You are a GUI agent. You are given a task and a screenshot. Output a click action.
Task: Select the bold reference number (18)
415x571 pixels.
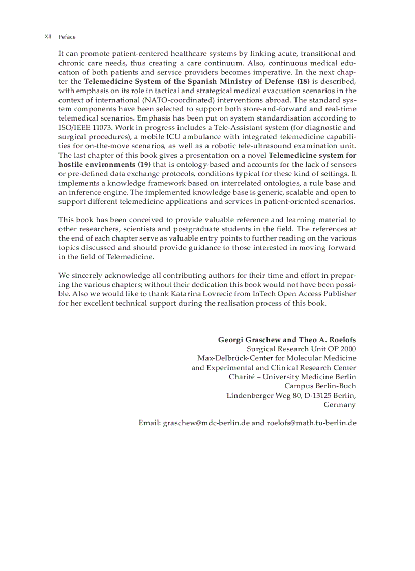pyautogui.click(x=304, y=81)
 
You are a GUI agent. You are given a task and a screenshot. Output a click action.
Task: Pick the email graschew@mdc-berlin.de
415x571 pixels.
pyautogui.click(x=206, y=423)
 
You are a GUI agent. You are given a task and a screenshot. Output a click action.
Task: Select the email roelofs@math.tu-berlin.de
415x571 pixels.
pyautogui.click(x=311, y=423)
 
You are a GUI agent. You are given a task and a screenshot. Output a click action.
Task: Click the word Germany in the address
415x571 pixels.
pyautogui.click(x=340, y=405)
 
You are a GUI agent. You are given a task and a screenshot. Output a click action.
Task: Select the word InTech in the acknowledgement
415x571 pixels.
pyautogui.click(x=264, y=294)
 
